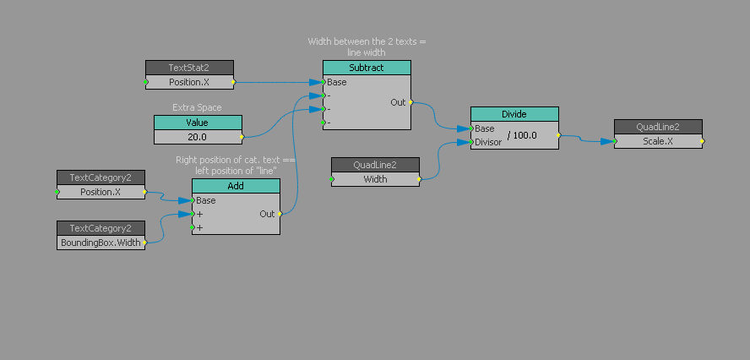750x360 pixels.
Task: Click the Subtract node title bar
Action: (x=367, y=68)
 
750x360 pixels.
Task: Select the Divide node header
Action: (x=514, y=114)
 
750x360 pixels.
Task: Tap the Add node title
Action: (x=236, y=186)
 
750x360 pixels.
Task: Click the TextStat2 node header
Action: (x=189, y=68)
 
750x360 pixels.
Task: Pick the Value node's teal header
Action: (x=198, y=123)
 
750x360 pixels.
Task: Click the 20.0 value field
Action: (x=198, y=136)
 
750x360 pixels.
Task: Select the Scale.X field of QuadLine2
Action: (x=658, y=141)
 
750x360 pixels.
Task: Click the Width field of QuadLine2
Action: (x=375, y=179)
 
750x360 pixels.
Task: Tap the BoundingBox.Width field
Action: (x=101, y=243)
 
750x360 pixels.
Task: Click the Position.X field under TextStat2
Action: (x=189, y=83)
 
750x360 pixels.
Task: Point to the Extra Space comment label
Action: (x=197, y=108)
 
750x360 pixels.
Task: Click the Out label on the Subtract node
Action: (x=397, y=102)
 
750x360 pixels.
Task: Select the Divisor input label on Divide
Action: (x=487, y=142)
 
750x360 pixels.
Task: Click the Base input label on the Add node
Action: (x=206, y=201)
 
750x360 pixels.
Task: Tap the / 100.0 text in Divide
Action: (x=522, y=135)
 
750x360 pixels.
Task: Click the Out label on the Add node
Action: (x=267, y=214)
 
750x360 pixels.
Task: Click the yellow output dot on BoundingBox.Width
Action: (x=145, y=243)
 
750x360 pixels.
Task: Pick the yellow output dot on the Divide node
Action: (x=558, y=135)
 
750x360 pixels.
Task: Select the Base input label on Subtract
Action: (x=337, y=82)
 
